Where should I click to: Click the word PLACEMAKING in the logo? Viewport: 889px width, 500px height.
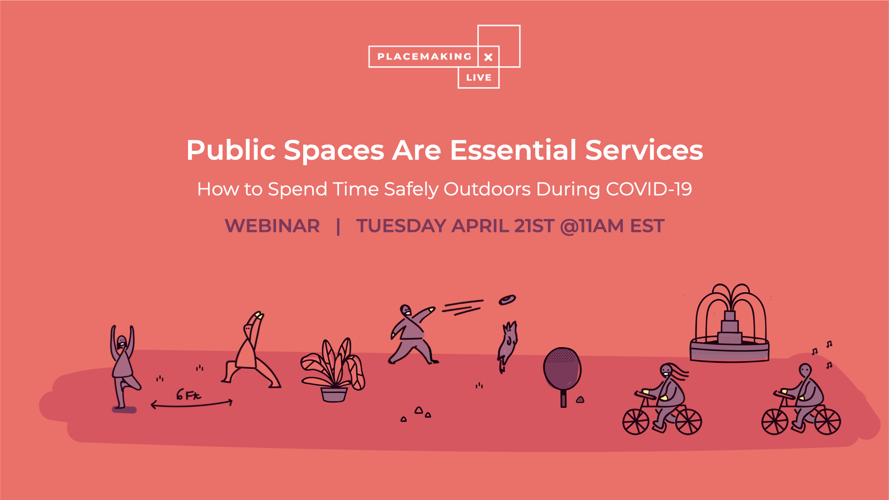click(424, 57)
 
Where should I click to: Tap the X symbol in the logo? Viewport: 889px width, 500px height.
click(488, 57)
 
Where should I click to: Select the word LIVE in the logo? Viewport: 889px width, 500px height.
click(479, 78)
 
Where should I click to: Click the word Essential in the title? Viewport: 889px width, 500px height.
click(513, 150)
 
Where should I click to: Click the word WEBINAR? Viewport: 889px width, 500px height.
click(272, 226)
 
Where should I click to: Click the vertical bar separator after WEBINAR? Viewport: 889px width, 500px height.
click(338, 226)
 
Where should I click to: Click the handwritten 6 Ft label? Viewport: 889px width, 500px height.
click(188, 395)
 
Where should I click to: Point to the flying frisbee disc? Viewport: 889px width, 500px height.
click(507, 300)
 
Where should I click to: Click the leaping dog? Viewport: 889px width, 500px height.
click(507, 346)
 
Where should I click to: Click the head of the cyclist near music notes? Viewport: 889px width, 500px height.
click(805, 370)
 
